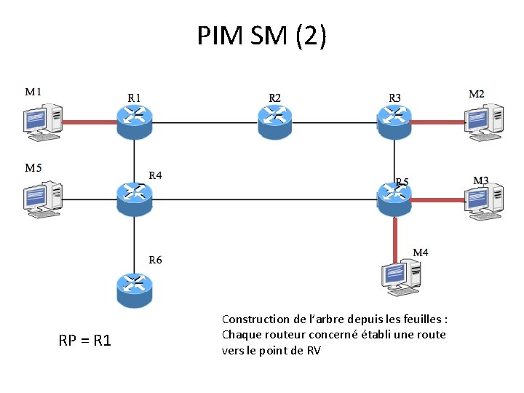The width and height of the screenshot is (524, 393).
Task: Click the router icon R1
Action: tap(134, 121)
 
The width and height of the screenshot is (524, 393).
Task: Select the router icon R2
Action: tap(275, 121)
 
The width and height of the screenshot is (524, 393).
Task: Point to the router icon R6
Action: tap(134, 289)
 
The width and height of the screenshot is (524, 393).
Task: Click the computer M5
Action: tap(41, 199)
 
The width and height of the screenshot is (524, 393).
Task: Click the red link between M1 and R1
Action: tap(90, 122)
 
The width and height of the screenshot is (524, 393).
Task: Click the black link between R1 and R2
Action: tap(205, 122)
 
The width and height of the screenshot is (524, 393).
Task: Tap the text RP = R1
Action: tap(85, 340)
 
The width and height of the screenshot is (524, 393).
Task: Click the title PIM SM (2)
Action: tap(262, 35)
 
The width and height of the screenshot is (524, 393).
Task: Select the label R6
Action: tap(155, 260)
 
